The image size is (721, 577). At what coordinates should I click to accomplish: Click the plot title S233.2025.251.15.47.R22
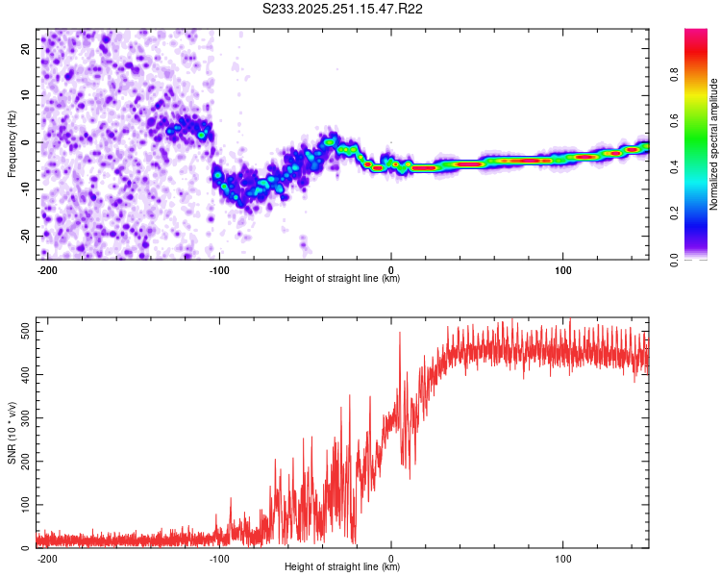[x=343, y=9]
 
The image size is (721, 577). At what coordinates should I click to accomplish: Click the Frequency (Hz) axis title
[x=12, y=143]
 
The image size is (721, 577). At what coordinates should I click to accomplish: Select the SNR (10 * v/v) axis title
[x=12, y=434]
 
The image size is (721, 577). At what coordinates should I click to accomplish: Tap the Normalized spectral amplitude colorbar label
[x=714, y=144]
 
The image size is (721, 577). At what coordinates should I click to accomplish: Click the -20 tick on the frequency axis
[x=24, y=236]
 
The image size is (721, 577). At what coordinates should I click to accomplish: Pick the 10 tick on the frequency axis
[x=26, y=95]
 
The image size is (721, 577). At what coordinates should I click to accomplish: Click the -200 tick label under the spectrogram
[x=46, y=269]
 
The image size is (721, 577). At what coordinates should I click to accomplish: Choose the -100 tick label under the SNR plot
[x=218, y=558]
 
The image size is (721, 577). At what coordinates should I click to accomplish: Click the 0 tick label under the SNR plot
[x=390, y=558]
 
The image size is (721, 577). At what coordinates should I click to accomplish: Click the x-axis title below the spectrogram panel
[x=342, y=279]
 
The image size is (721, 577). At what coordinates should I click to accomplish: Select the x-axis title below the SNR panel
[x=342, y=567]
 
